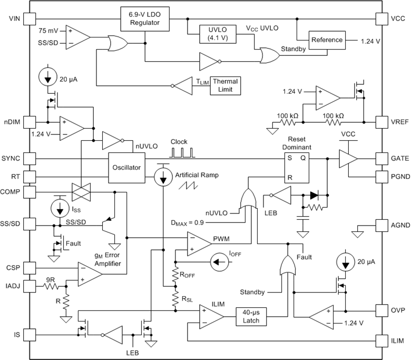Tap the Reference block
[x=326, y=40]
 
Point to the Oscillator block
[x=126, y=168]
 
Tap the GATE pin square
[x=382, y=158]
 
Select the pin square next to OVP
[x=382, y=310]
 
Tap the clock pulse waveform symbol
[x=182, y=152]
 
